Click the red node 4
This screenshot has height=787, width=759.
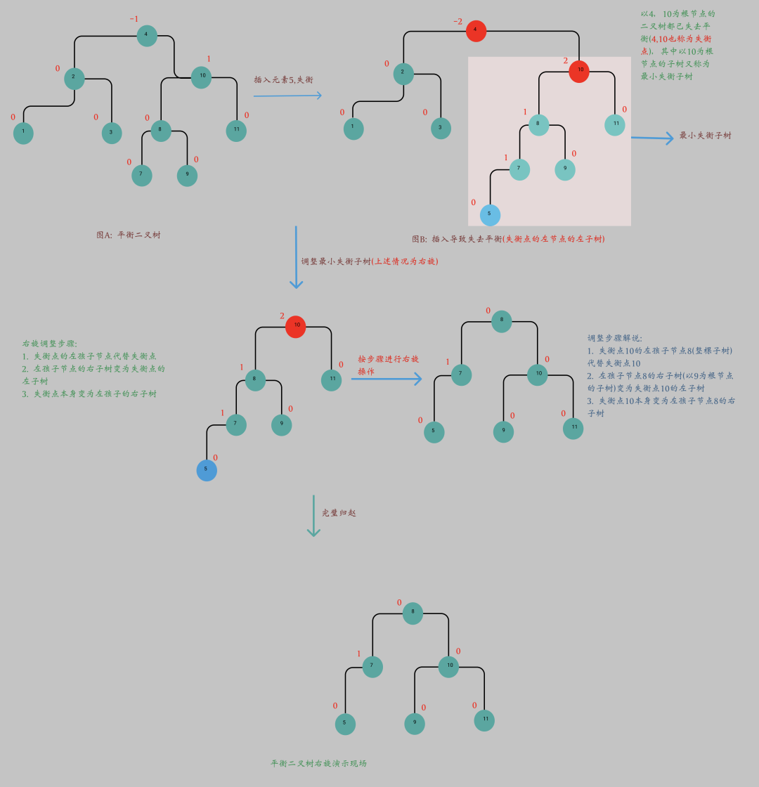pos(476,31)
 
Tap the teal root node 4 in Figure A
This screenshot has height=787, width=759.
pos(147,35)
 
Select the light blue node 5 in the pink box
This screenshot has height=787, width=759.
pos(490,214)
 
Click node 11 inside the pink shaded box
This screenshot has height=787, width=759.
pos(615,124)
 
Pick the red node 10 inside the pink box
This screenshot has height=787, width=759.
pos(579,72)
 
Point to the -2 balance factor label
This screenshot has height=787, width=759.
pos(458,22)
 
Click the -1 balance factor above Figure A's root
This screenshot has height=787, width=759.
pos(134,19)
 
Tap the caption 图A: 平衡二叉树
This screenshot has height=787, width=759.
pos(129,235)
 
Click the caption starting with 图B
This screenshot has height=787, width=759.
pos(508,239)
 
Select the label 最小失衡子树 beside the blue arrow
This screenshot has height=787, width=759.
pos(705,135)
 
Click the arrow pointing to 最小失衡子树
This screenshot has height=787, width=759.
pos(652,138)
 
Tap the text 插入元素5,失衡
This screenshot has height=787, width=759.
pos(283,80)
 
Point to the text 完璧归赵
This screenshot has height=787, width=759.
pos(339,513)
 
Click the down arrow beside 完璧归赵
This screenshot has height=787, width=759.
pos(313,516)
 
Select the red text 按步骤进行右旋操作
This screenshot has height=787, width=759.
pos(388,365)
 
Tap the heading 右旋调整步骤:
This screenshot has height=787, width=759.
pos(49,344)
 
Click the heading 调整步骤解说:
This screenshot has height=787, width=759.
pos(615,338)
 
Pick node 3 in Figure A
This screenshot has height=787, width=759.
pos(111,133)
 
